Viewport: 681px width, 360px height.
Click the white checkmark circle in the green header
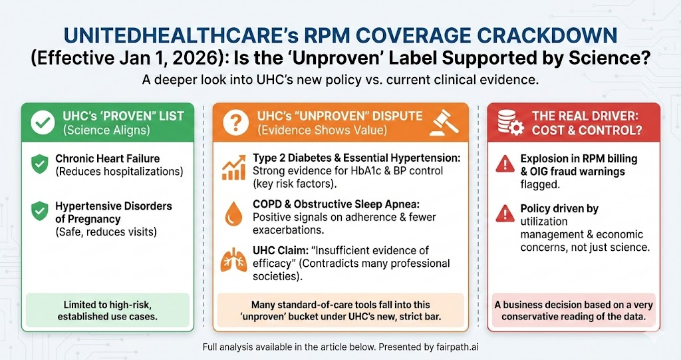(43, 123)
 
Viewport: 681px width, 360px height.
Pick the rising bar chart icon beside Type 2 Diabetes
(233, 167)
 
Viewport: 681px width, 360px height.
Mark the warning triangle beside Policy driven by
(505, 214)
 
